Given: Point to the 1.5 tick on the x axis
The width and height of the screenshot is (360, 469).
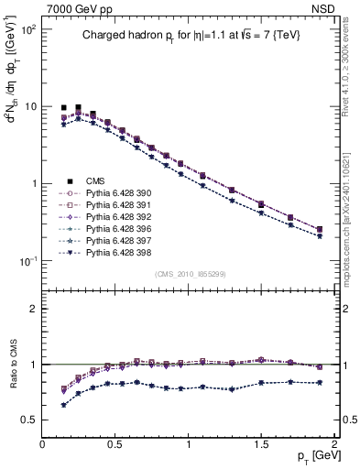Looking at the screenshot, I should click(261, 443).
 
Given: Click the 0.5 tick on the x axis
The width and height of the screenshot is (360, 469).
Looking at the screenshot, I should click(115, 443).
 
